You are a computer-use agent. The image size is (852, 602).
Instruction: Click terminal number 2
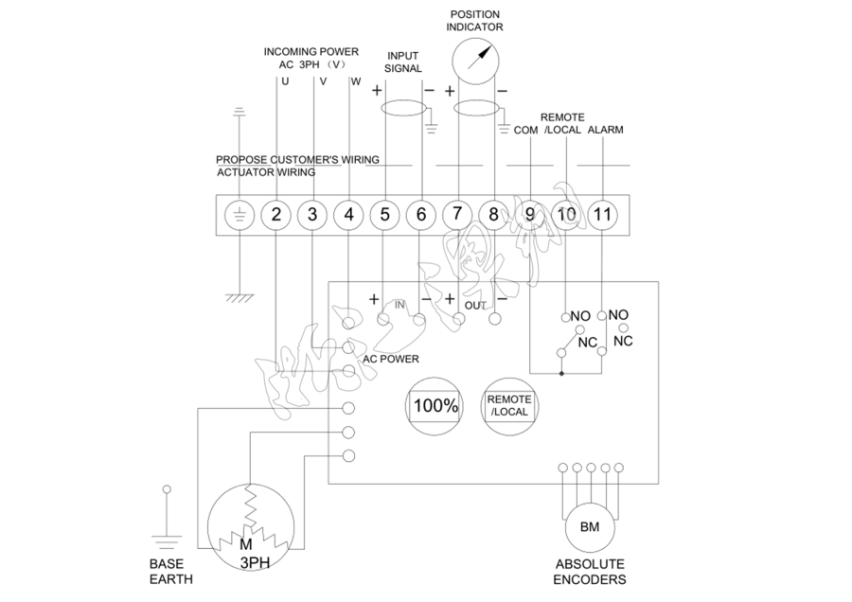275,215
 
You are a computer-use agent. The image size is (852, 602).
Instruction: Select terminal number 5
384,215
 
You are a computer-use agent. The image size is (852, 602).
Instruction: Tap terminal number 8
493,215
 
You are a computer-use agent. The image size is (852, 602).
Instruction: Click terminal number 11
603,215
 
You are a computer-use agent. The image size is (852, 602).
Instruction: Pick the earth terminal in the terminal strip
239,215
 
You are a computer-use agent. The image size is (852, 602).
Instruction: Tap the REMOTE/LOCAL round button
508,407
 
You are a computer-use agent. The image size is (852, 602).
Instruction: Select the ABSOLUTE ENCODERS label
590,572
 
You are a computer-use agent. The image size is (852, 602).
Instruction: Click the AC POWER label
391,360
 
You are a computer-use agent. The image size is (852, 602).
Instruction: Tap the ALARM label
606,130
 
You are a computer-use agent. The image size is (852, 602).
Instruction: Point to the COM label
524,130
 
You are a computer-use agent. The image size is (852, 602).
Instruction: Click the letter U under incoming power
285,81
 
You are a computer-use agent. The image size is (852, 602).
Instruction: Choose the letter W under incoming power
355,81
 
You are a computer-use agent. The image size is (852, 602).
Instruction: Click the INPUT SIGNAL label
402,62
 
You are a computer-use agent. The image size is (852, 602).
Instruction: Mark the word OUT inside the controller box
475,307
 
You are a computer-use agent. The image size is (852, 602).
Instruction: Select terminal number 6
421,215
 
